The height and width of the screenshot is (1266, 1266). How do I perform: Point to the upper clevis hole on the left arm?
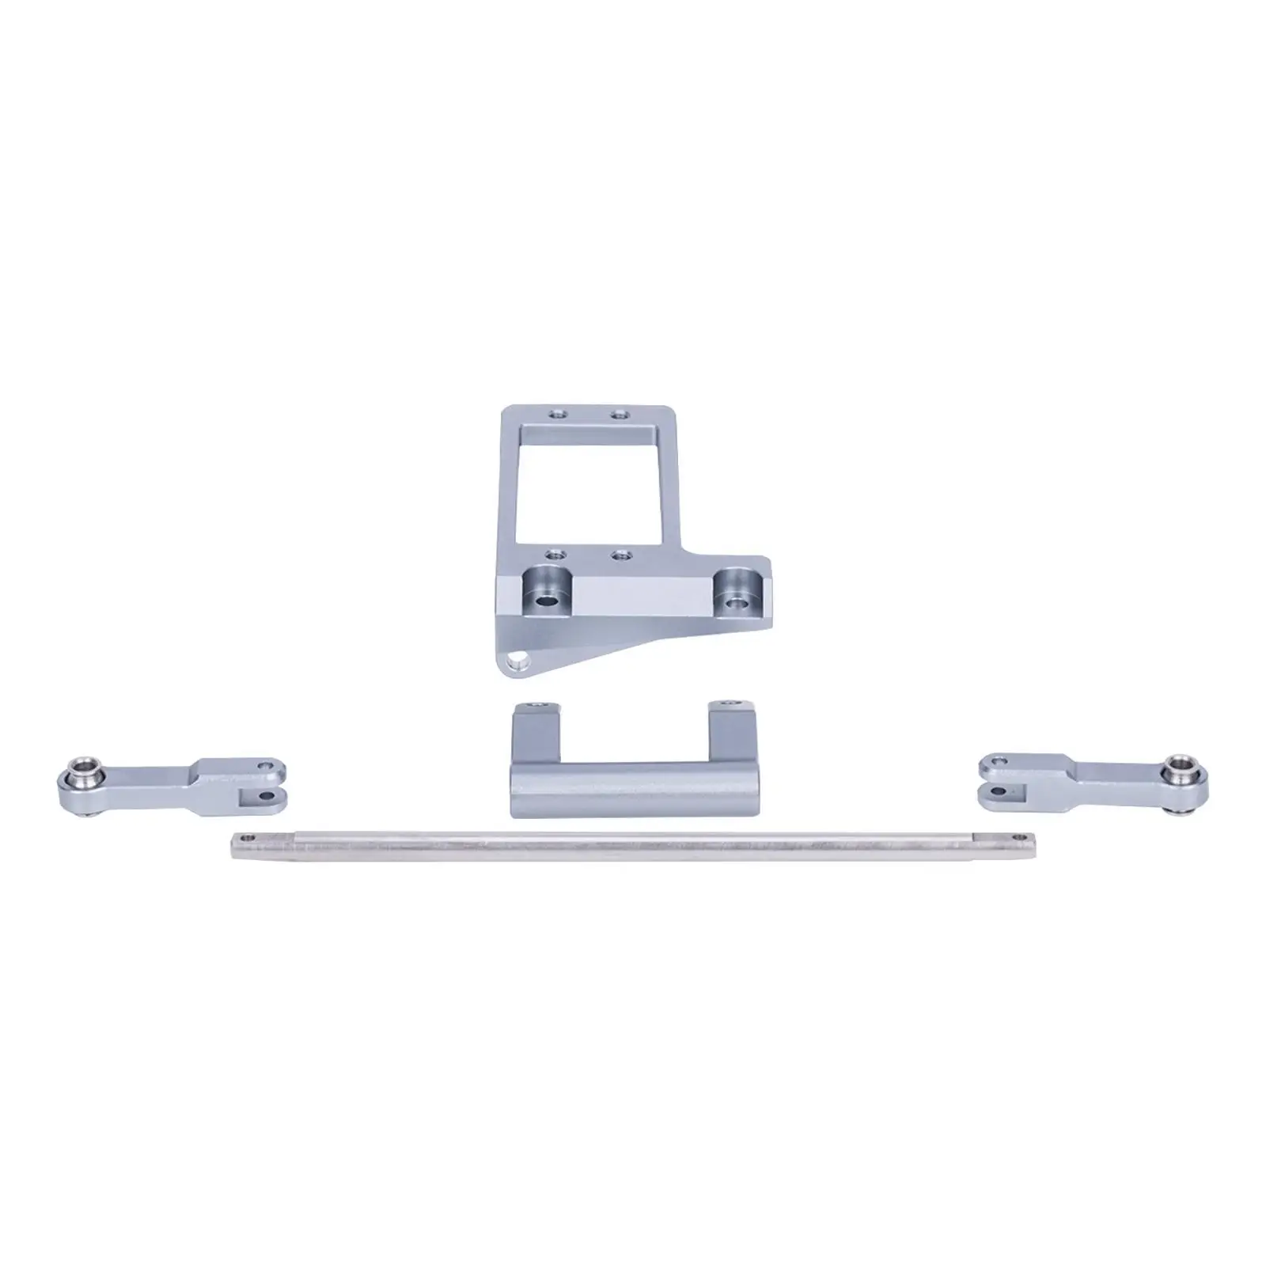[x=267, y=766]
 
